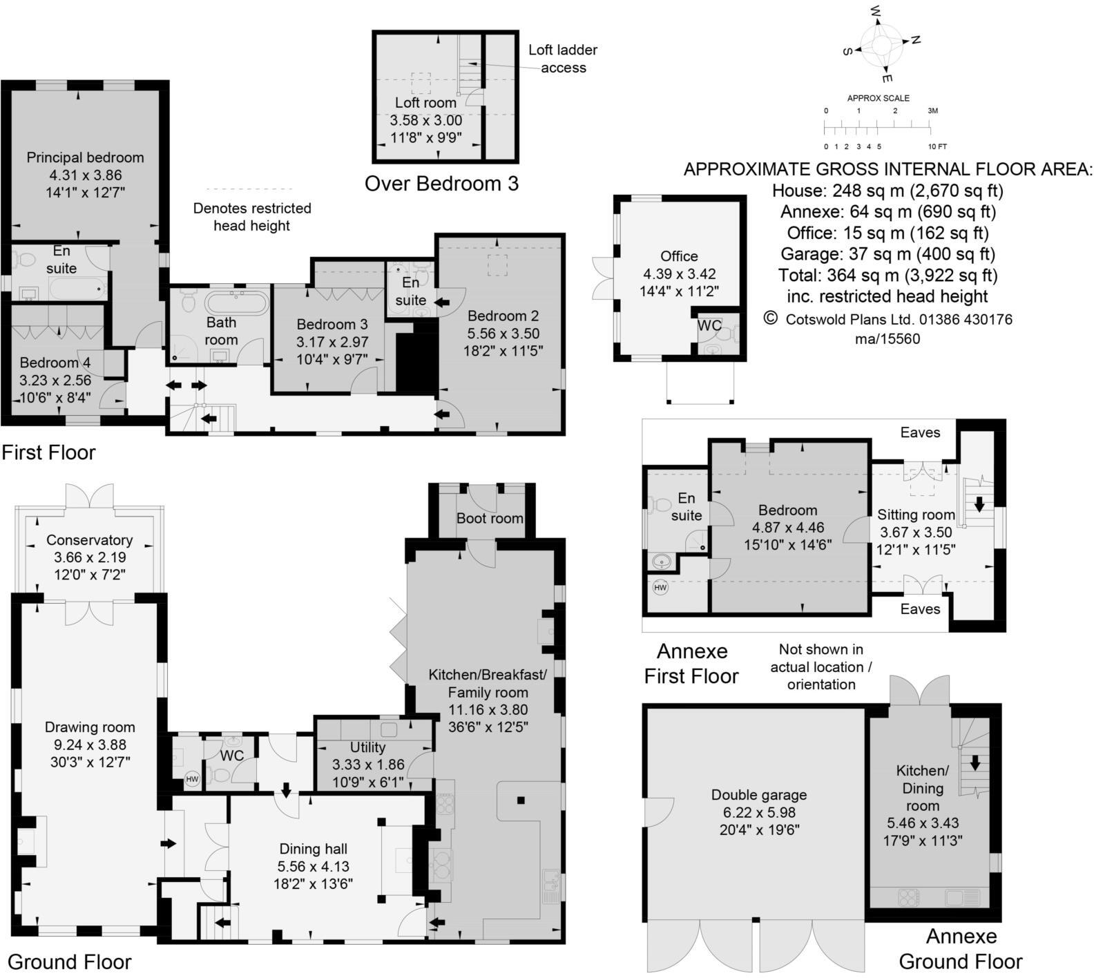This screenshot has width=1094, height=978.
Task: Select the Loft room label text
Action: point(425,103)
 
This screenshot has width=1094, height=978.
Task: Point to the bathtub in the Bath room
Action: point(236,302)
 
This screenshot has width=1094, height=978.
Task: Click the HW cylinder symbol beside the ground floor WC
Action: point(192,779)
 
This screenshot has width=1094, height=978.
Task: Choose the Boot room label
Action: point(490,518)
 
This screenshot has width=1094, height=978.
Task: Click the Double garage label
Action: point(759,795)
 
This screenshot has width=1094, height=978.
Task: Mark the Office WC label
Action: point(709,325)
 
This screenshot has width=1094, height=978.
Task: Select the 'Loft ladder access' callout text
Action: point(563,59)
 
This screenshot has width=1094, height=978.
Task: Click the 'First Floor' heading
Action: point(48,452)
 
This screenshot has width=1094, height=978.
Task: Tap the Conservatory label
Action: point(89,540)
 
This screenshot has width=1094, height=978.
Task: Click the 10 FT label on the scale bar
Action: point(937,146)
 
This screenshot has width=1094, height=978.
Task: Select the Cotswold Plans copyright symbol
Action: point(770,318)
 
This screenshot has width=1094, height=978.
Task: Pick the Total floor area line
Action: point(887,276)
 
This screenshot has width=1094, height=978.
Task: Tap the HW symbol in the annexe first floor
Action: point(660,588)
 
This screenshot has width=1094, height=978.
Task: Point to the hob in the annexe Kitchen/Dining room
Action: point(908,897)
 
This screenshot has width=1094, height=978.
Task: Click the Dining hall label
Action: point(313,849)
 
